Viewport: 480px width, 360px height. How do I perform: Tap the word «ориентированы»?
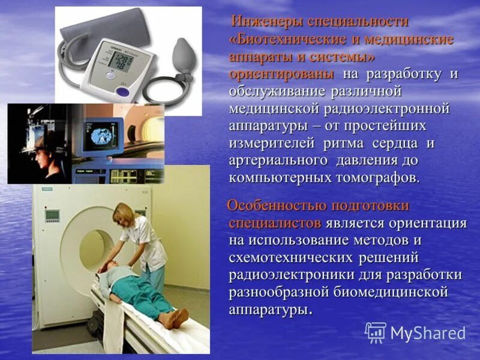tap(281, 74)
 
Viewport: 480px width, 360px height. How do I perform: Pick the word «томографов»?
tap(372, 178)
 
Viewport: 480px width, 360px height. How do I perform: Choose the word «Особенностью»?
tap(276, 206)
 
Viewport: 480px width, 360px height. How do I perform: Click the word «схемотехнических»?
tap(288, 257)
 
